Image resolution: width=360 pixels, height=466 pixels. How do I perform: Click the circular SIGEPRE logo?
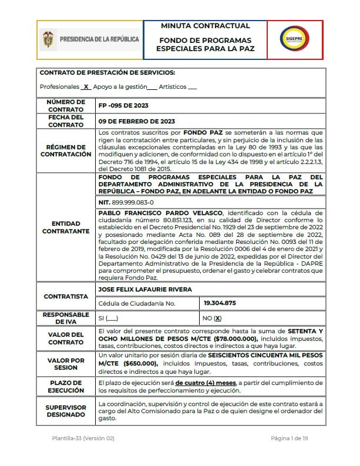pyautogui.click(x=294, y=39)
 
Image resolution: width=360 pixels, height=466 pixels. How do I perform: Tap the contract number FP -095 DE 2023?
pyautogui.click(x=124, y=105)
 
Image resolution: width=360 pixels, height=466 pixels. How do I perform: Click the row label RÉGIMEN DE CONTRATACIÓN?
pyautogui.click(x=66, y=150)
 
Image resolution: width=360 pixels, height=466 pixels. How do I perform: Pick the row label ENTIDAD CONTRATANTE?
pyautogui.click(x=66, y=227)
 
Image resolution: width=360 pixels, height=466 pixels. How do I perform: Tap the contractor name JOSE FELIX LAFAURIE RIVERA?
pyautogui.click(x=145, y=290)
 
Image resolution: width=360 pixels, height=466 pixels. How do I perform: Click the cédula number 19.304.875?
pyautogui.click(x=219, y=303)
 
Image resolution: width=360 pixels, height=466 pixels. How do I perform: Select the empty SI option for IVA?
pyautogui.click(x=108, y=318)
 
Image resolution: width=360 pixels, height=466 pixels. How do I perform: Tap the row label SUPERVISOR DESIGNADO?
pyautogui.click(x=66, y=411)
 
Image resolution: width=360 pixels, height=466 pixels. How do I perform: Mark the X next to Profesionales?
pyautogui.click(x=86, y=86)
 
